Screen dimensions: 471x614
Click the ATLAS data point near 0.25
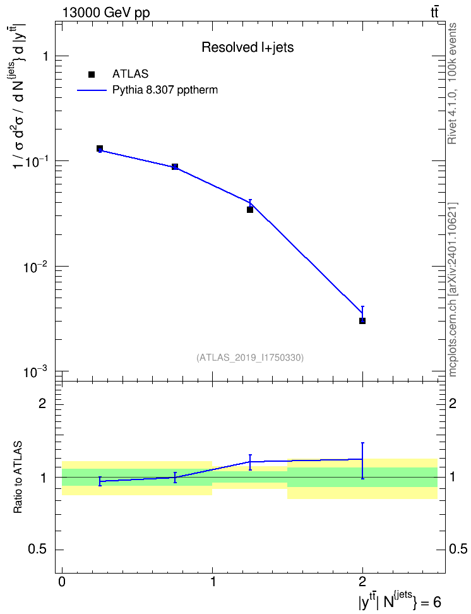[100, 148]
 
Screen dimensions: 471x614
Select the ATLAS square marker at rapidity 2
[362, 321]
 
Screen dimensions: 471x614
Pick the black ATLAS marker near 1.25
[250, 210]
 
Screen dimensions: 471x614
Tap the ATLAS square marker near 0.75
[175, 166]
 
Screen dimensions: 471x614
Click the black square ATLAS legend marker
[92, 75]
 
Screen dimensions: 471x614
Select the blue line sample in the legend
[92, 90]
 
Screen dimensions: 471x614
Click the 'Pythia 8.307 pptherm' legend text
[165, 90]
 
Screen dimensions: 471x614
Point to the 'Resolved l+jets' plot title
[247, 47]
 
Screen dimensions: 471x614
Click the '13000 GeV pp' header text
[106, 13]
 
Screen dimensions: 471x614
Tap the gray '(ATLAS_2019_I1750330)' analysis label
[250, 358]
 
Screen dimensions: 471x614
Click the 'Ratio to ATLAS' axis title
[18, 477]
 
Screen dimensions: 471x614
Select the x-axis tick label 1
[213, 581]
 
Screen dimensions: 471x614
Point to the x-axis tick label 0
[62, 581]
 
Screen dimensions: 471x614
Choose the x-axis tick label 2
[362, 581]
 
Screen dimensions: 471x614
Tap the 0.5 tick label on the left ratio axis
[37, 550]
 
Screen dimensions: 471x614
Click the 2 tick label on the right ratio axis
[453, 403]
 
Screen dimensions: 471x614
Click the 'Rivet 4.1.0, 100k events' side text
[452, 83]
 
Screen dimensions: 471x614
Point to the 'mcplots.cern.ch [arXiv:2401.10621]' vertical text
[453, 290]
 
